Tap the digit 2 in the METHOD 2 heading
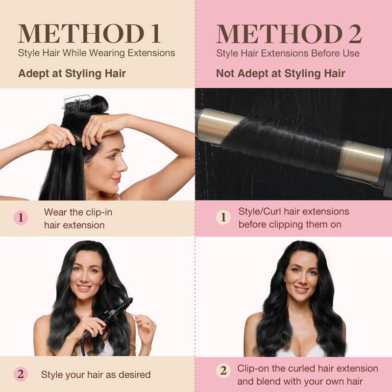355,34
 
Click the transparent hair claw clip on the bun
77,102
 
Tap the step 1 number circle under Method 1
21,218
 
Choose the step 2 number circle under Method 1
21,374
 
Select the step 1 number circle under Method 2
223,217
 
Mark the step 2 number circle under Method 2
223,370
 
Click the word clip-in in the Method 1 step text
99,213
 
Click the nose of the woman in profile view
123,166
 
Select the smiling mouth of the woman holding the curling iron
84,288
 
